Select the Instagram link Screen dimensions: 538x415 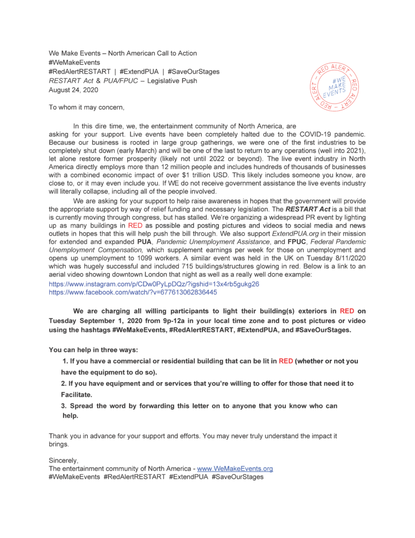pos(154,284)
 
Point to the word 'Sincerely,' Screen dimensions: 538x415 pos(63,460)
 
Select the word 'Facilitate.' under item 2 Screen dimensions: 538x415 pos(77,394)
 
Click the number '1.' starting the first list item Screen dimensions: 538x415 pos(66,361)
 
